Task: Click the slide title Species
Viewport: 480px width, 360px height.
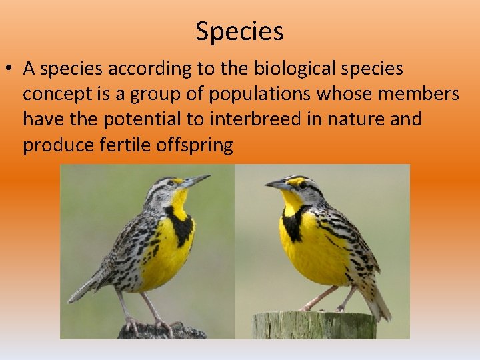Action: pos(239,31)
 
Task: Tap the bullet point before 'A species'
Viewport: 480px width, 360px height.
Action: pos(11,69)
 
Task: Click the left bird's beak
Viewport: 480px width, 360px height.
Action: pos(196,180)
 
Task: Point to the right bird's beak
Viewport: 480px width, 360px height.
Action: pos(275,184)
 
